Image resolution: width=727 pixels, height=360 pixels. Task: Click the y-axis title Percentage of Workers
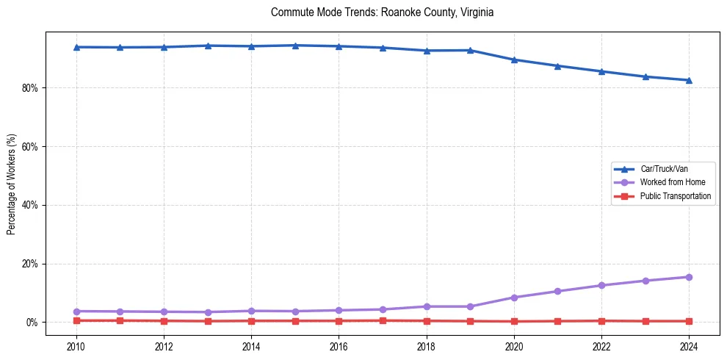[x=11, y=184]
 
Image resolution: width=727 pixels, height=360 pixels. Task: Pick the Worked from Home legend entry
[x=672, y=182]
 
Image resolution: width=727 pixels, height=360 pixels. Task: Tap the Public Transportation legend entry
[x=675, y=196]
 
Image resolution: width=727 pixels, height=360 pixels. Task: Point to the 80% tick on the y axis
[x=30, y=88]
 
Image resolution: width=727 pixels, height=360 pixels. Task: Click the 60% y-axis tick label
[x=30, y=147]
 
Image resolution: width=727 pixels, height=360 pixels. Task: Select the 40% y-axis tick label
[x=30, y=205]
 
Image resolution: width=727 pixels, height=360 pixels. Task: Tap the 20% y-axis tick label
[x=30, y=264]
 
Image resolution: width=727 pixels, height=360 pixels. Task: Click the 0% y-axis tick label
[x=32, y=323]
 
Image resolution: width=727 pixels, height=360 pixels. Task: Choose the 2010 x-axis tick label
[x=76, y=346]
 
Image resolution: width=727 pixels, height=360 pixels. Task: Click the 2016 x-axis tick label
[x=339, y=346]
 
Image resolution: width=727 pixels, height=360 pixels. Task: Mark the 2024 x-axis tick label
[x=689, y=346]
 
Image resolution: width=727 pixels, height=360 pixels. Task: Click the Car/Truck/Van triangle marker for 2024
[x=689, y=80]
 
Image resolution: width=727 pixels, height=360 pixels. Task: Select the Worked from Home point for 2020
[x=514, y=298]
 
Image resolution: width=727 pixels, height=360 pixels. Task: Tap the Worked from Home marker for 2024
[x=689, y=277]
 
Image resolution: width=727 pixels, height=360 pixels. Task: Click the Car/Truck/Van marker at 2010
[x=76, y=47]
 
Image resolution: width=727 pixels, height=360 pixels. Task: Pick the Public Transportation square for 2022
[x=601, y=321]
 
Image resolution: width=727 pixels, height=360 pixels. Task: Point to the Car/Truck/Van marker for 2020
[x=514, y=60]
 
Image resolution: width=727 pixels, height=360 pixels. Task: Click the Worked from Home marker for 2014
[x=251, y=311]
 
